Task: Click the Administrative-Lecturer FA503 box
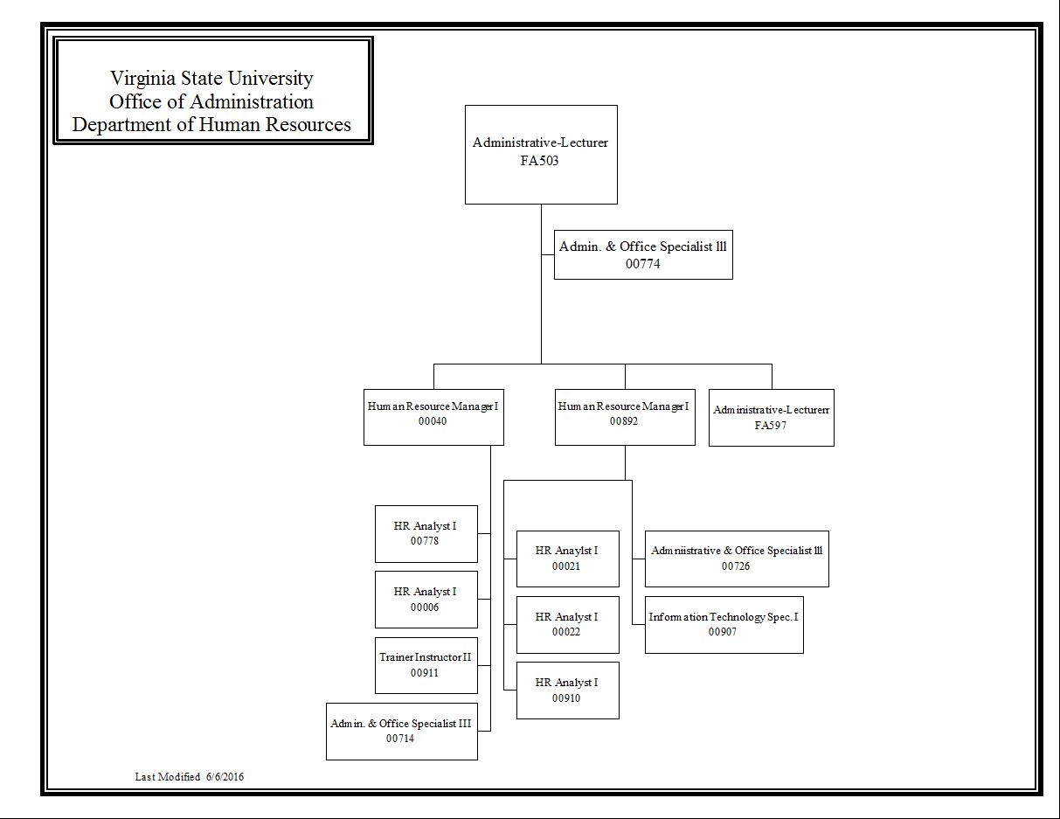click(x=541, y=155)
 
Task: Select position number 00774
click(x=643, y=264)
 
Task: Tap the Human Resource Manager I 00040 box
click(x=433, y=417)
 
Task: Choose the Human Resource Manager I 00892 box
click(x=625, y=417)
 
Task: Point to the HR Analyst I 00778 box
click(x=426, y=533)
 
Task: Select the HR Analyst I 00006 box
click(x=426, y=599)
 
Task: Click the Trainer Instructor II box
click(x=426, y=664)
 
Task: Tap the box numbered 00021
click(x=567, y=559)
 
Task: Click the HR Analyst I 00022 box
click(x=567, y=624)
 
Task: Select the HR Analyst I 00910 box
click(x=567, y=691)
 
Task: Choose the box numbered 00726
click(x=736, y=559)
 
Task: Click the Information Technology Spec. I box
click(x=724, y=624)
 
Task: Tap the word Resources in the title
click(x=309, y=124)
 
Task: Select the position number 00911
click(x=425, y=673)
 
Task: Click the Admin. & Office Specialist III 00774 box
click(x=643, y=254)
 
